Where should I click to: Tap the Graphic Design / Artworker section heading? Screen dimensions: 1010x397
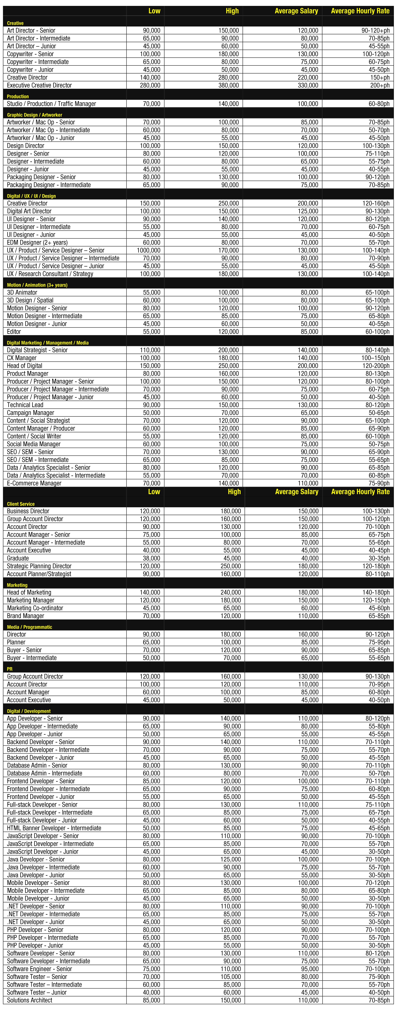[x=34, y=115]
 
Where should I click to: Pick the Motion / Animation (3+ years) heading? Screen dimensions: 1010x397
[x=37, y=285]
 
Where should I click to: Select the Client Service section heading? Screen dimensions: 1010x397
[x=21, y=504]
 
